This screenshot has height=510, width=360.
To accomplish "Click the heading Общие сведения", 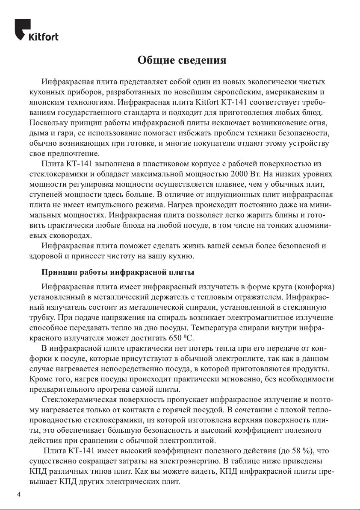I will [x=181, y=60].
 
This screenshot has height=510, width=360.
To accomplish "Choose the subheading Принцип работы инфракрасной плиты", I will [x=118, y=272].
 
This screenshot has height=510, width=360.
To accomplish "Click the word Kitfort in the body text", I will [x=210, y=102].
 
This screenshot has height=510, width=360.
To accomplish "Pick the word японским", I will [x=45, y=102].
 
